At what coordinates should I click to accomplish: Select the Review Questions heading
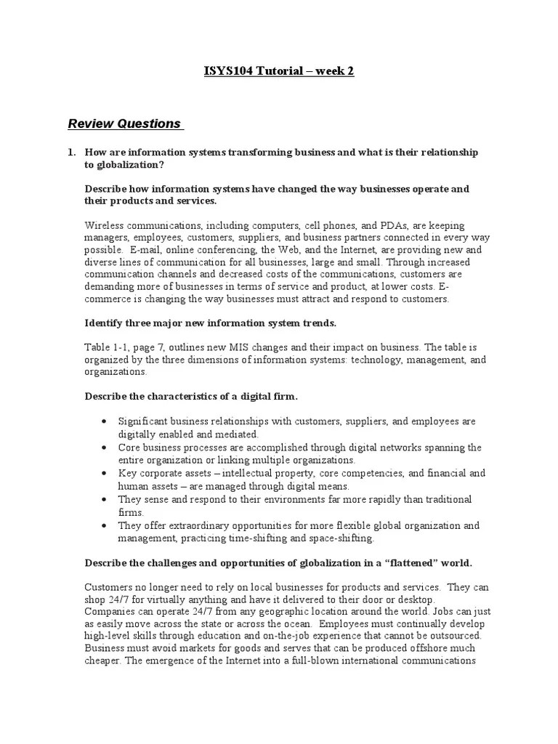(x=124, y=124)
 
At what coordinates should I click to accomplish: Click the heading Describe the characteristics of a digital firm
(x=191, y=396)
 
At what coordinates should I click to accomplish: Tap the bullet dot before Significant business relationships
(x=106, y=422)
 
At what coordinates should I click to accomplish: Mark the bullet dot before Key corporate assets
(x=106, y=474)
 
